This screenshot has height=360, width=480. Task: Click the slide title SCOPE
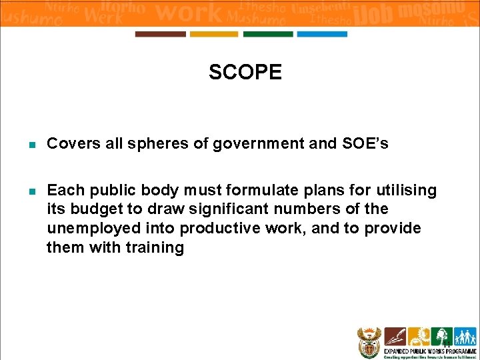(245, 72)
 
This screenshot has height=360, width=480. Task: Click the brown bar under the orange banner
(161, 34)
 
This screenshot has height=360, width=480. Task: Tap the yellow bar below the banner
(214, 34)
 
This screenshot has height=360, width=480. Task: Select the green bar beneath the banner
(268, 34)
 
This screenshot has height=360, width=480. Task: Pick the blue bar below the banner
(322, 34)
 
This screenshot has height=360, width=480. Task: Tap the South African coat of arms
(367, 341)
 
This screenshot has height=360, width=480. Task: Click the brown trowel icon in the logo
(395, 335)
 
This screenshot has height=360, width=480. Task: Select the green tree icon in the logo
(441, 335)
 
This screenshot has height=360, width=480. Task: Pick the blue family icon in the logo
(465, 335)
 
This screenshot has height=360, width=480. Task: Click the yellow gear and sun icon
(418, 335)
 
